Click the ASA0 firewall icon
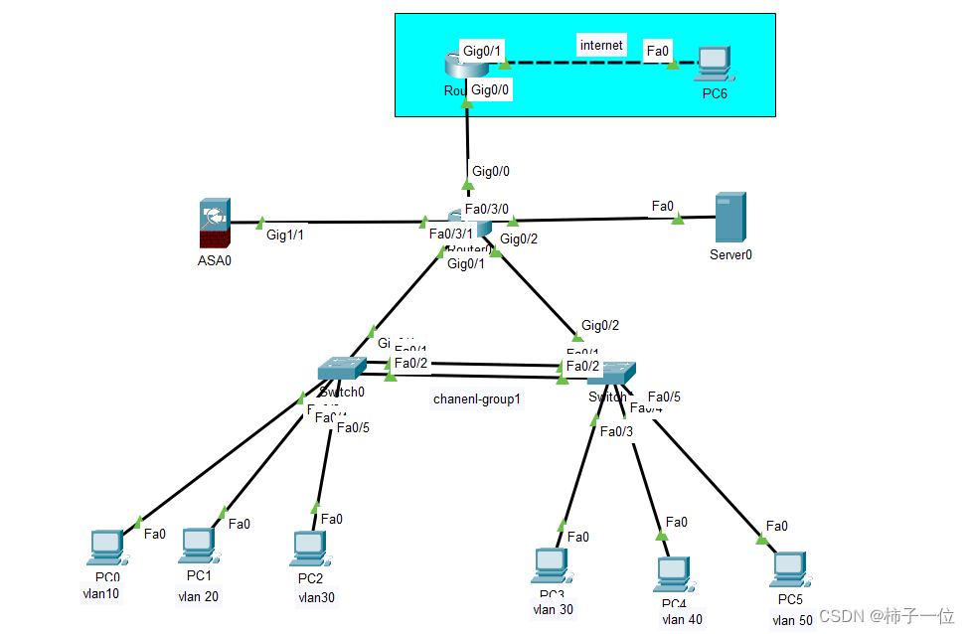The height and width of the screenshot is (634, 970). pyautogui.click(x=215, y=224)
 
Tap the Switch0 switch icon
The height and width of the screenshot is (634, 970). pyautogui.click(x=342, y=369)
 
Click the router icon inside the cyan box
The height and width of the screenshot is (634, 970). pyautogui.click(x=465, y=65)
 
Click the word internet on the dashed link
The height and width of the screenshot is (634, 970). pyautogui.click(x=601, y=45)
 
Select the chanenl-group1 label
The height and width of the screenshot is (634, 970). pyautogui.click(x=477, y=399)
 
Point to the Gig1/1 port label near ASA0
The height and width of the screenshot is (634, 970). pyautogui.click(x=285, y=236)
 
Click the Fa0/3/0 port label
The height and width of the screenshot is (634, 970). pyautogui.click(x=487, y=210)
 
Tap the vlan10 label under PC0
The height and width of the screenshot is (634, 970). pyautogui.click(x=101, y=594)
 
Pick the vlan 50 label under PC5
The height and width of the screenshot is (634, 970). pyautogui.click(x=792, y=620)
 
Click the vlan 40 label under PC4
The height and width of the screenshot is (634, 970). pyautogui.click(x=682, y=619)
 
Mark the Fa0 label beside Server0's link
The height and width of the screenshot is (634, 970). pyautogui.click(x=663, y=206)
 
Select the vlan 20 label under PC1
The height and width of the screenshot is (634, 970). pyautogui.click(x=199, y=596)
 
